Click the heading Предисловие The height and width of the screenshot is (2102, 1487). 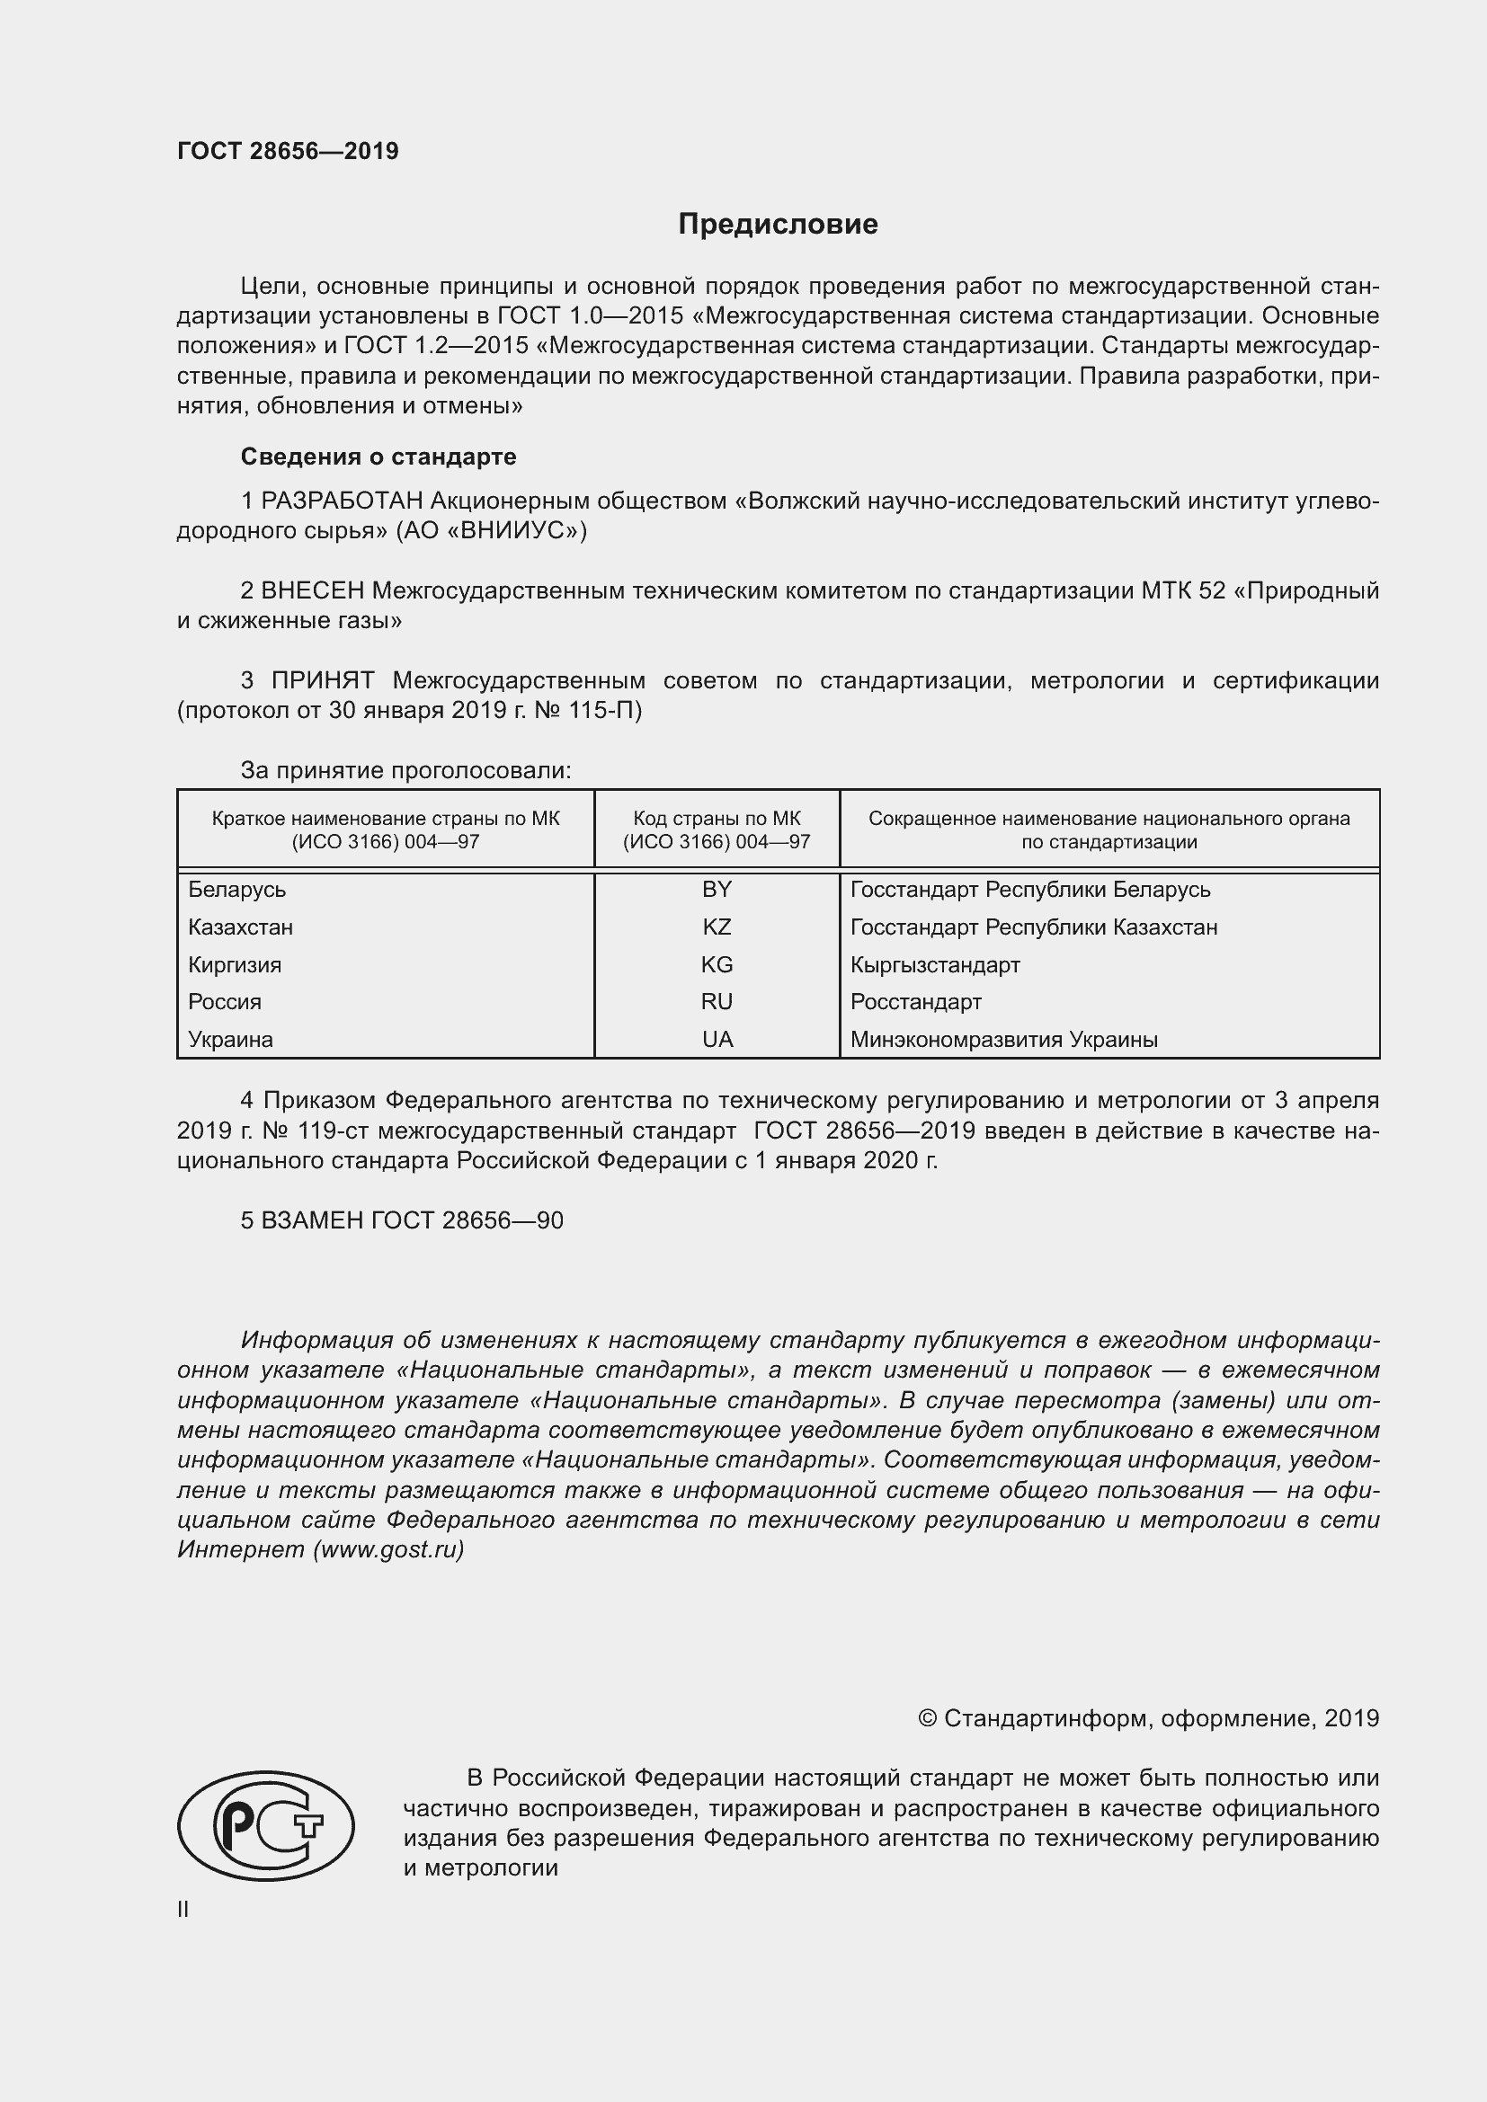[x=778, y=225]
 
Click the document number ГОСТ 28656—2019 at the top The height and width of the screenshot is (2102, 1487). [x=288, y=151]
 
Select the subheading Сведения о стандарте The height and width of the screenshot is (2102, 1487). [x=378, y=457]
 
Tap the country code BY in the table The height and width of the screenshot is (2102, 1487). [x=717, y=890]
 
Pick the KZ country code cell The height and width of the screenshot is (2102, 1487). [x=717, y=927]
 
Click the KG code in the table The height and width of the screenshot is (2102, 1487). [x=717, y=965]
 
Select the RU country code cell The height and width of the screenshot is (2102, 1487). [x=717, y=1001]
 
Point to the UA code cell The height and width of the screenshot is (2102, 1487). [x=717, y=1039]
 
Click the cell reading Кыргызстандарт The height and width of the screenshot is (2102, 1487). [x=935, y=965]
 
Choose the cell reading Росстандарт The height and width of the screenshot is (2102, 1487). [x=915, y=1001]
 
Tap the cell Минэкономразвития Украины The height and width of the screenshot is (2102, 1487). [x=1003, y=1039]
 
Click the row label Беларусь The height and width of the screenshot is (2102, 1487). [x=237, y=890]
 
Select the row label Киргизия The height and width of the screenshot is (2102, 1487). [x=235, y=965]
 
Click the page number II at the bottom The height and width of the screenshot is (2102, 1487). [x=183, y=1909]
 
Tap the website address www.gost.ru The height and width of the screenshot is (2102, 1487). [x=388, y=1550]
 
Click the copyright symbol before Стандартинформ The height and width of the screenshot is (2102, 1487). [x=927, y=1718]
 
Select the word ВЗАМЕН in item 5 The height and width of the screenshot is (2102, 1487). [x=312, y=1220]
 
